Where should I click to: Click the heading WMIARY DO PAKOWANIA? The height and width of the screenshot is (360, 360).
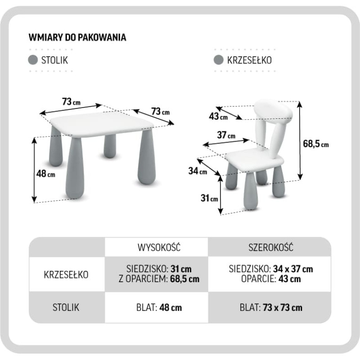(77, 37)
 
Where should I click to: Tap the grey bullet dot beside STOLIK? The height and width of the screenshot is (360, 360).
(33, 60)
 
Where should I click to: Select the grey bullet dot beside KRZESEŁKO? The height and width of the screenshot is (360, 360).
(219, 60)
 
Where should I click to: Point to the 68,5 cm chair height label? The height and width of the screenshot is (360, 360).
(315, 144)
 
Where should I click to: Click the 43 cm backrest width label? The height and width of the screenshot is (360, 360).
(218, 117)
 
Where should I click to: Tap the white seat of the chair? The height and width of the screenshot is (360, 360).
(254, 160)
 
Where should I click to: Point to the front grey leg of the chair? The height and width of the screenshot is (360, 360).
(251, 191)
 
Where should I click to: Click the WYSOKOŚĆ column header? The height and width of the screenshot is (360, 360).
(156, 247)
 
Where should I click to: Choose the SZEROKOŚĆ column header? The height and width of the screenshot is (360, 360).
(270, 247)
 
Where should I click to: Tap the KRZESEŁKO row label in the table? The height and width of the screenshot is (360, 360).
(66, 274)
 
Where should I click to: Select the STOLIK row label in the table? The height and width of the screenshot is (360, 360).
(66, 307)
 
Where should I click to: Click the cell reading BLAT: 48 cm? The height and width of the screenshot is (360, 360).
(156, 307)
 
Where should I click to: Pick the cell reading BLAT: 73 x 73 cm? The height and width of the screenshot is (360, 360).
(270, 307)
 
